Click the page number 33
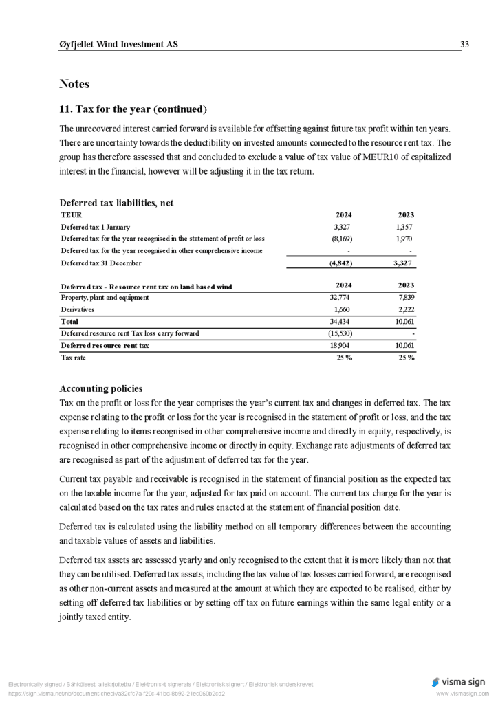click(464, 45)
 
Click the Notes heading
click(74, 84)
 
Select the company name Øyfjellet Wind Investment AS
click(118, 45)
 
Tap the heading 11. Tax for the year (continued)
click(133, 109)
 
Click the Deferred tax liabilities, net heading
click(116, 203)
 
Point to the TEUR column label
click(72, 215)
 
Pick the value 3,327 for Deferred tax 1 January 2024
click(343, 227)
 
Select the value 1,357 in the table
click(405, 227)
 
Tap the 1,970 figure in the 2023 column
click(405, 239)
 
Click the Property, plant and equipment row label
click(105, 298)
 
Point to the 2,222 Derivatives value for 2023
click(405, 310)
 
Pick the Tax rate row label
click(74, 357)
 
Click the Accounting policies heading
click(101, 388)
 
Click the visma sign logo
click(458, 682)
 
